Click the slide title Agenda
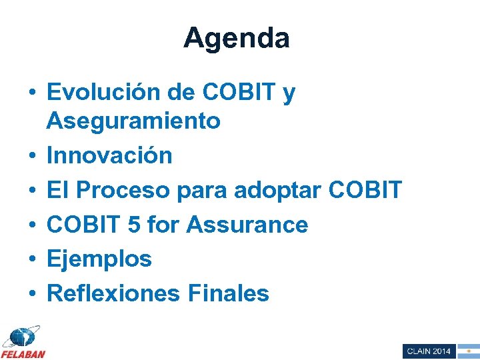[x=237, y=38]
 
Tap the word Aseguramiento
[x=133, y=121]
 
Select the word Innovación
[x=109, y=156]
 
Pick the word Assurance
[x=247, y=225]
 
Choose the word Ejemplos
[x=99, y=259]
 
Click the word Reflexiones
[x=113, y=293]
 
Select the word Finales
[x=229, y=293]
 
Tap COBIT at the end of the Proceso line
[x=366, y=191]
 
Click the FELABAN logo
[x=23, y=342]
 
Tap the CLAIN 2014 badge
[x=429, y=351]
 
